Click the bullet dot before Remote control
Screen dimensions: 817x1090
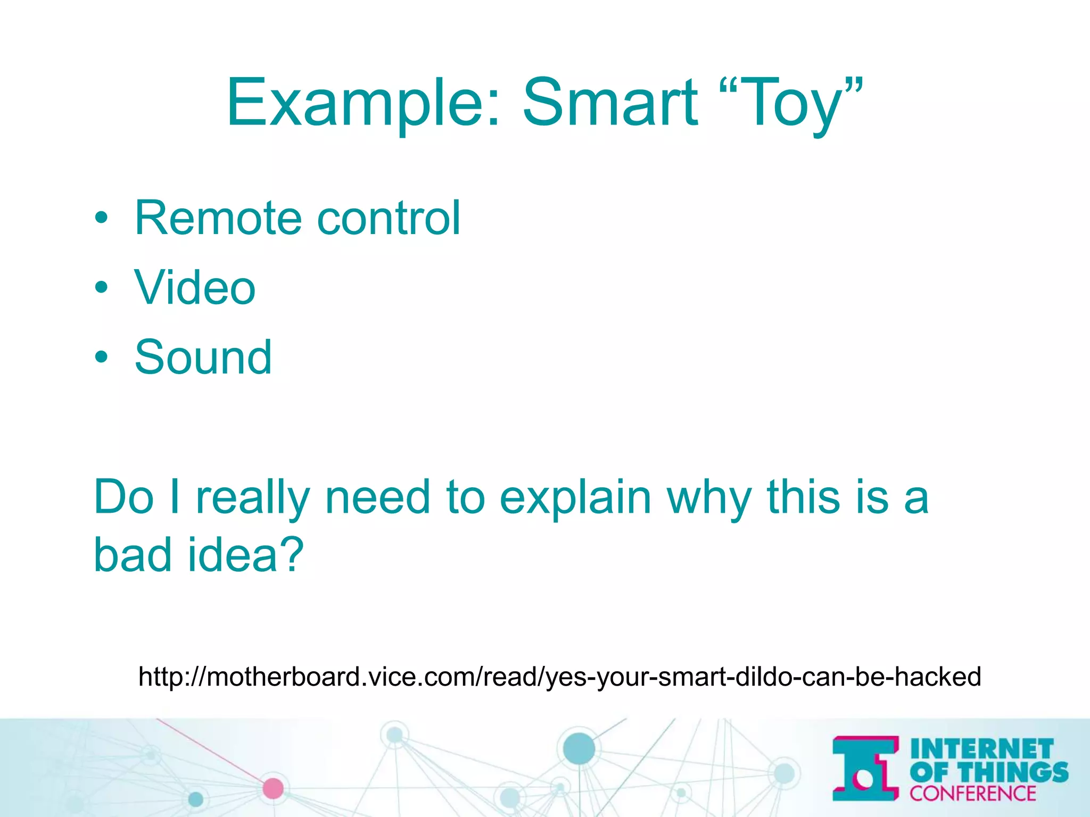[x=101, y=218]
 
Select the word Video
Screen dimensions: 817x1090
[x=195, y=288]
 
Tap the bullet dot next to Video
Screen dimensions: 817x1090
[x=101, y=288]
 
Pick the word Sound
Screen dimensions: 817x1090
[x=203, y=357]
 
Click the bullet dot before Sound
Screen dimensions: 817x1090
[x=101, y=357]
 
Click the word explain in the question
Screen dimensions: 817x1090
[x=575, y=497]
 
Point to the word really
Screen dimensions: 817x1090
[x=253, y=497]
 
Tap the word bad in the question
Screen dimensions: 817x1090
[x=133, y=554]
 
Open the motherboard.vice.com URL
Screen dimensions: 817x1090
[x=559, y=677]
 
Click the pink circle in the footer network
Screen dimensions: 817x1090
[x=273, y=788]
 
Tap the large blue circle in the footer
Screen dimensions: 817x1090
[x=579, y=748]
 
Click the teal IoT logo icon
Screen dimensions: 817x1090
[x=865, y=768]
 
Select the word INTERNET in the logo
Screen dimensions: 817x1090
[x=982, y=749]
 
